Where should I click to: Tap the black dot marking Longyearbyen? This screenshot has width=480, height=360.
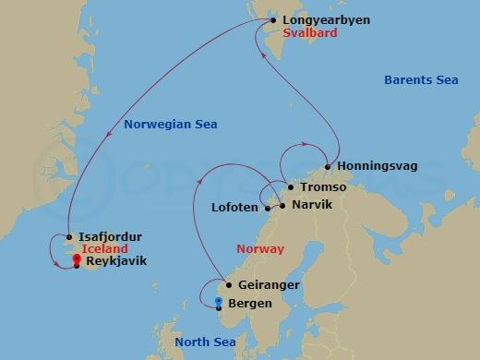273,19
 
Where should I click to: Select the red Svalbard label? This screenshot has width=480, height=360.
311,33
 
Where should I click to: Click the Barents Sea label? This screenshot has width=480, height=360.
421,80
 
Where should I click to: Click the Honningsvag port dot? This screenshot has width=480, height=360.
328,167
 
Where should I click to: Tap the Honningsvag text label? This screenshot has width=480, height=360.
378,167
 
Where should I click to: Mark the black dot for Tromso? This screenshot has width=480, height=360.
292,188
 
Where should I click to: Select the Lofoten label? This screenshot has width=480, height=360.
234,208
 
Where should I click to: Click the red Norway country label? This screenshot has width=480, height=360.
261,250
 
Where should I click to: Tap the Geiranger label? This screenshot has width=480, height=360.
269,286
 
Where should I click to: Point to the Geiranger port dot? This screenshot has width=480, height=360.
229,285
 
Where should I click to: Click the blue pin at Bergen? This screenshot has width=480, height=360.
218,301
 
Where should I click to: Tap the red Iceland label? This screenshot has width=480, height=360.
103,249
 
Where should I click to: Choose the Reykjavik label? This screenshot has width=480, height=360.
116,262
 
